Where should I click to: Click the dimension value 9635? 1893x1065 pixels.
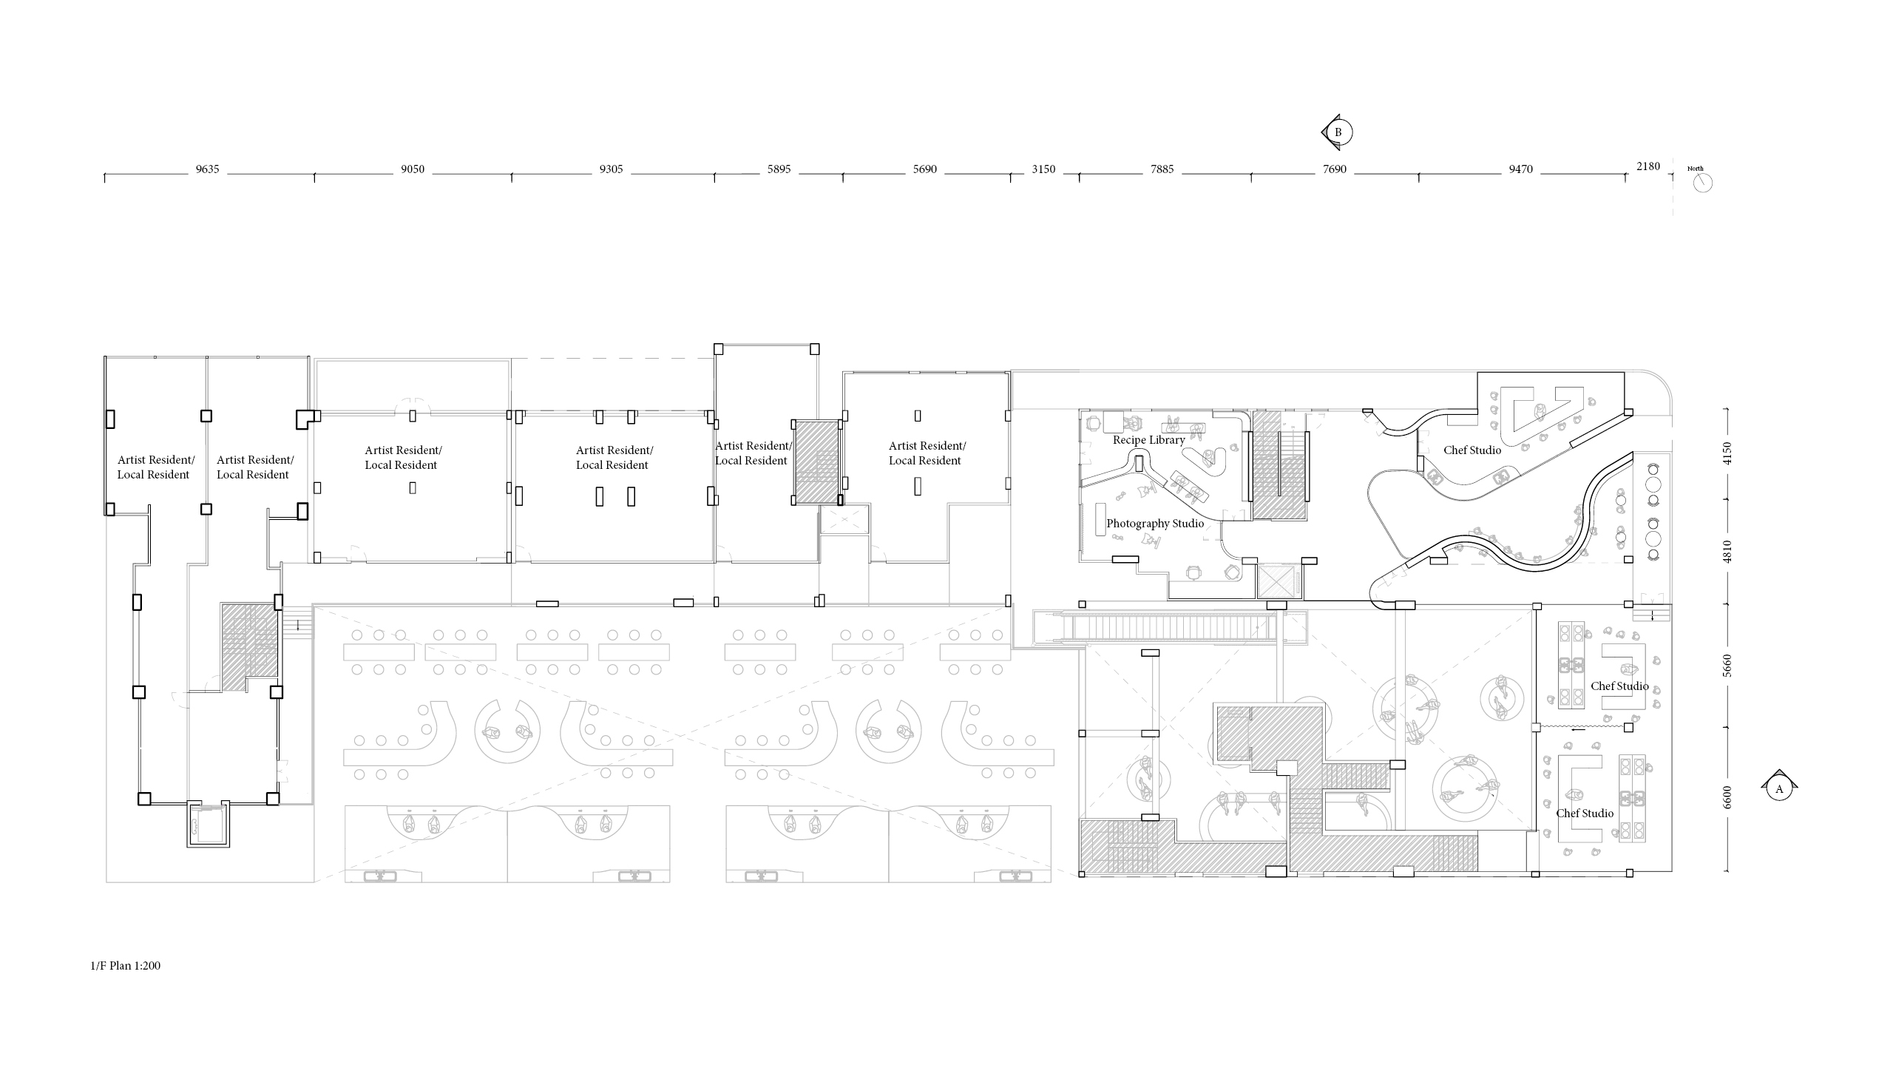207,169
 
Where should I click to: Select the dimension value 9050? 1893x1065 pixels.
413,169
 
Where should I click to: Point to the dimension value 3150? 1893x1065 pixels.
1043,169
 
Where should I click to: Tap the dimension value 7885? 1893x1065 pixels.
1162,169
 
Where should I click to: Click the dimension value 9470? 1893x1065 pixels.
1521,169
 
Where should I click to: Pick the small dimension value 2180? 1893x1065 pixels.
1648,166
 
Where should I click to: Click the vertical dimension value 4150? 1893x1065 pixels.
1727,453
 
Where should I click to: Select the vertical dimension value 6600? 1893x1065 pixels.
1727,797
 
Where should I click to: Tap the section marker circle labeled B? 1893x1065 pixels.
1338,132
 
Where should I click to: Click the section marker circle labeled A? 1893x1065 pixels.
1779,789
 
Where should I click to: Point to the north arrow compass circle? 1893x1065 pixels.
1702,183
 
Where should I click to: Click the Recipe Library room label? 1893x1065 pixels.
1149,440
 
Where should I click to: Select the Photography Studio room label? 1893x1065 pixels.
1155,524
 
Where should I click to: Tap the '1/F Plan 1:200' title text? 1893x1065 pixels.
125,966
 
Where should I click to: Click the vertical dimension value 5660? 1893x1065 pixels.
1727,666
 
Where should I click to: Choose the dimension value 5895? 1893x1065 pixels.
779,169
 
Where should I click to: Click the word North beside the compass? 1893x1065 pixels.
1696,169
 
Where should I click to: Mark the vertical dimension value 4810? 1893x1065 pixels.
1727,551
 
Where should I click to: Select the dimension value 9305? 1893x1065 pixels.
611,169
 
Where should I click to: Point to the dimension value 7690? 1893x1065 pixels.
1335,169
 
